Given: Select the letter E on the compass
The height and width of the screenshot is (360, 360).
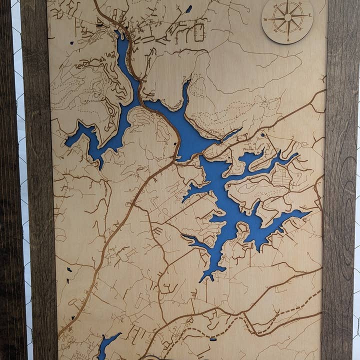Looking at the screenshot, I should [309, 15].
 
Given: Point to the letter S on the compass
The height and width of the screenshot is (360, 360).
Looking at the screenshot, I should [289, 39].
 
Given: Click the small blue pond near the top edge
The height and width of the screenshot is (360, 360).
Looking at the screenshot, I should [188, 9].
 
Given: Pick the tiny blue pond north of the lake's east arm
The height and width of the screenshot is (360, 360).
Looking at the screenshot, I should [262, 134].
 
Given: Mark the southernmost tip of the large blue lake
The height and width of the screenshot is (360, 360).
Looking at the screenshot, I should [202, 280].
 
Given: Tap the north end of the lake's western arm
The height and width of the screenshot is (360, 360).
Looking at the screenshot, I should [119, 34].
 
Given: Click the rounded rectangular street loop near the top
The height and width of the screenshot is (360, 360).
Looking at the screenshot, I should [199, 32].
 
